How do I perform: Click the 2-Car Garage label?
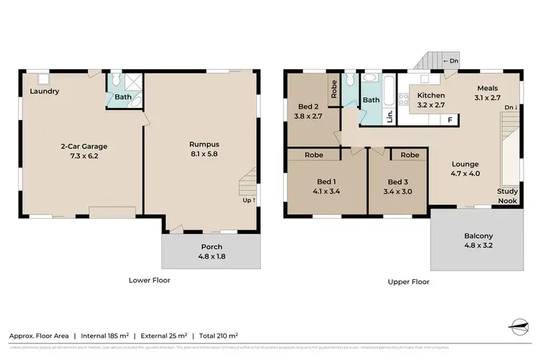[84, 146]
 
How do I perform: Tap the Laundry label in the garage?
[45, 91]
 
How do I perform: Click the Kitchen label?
[431, 95]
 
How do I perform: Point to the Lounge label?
[464, 163]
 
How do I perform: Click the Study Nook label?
[508, 196]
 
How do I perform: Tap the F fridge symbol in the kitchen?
[449, 120]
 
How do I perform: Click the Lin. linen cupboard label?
[390, 115]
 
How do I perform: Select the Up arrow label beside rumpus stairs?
[249, 199]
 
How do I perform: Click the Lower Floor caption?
[149, 280]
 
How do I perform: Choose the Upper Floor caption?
[408, 282]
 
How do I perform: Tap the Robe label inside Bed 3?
[410, 155]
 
